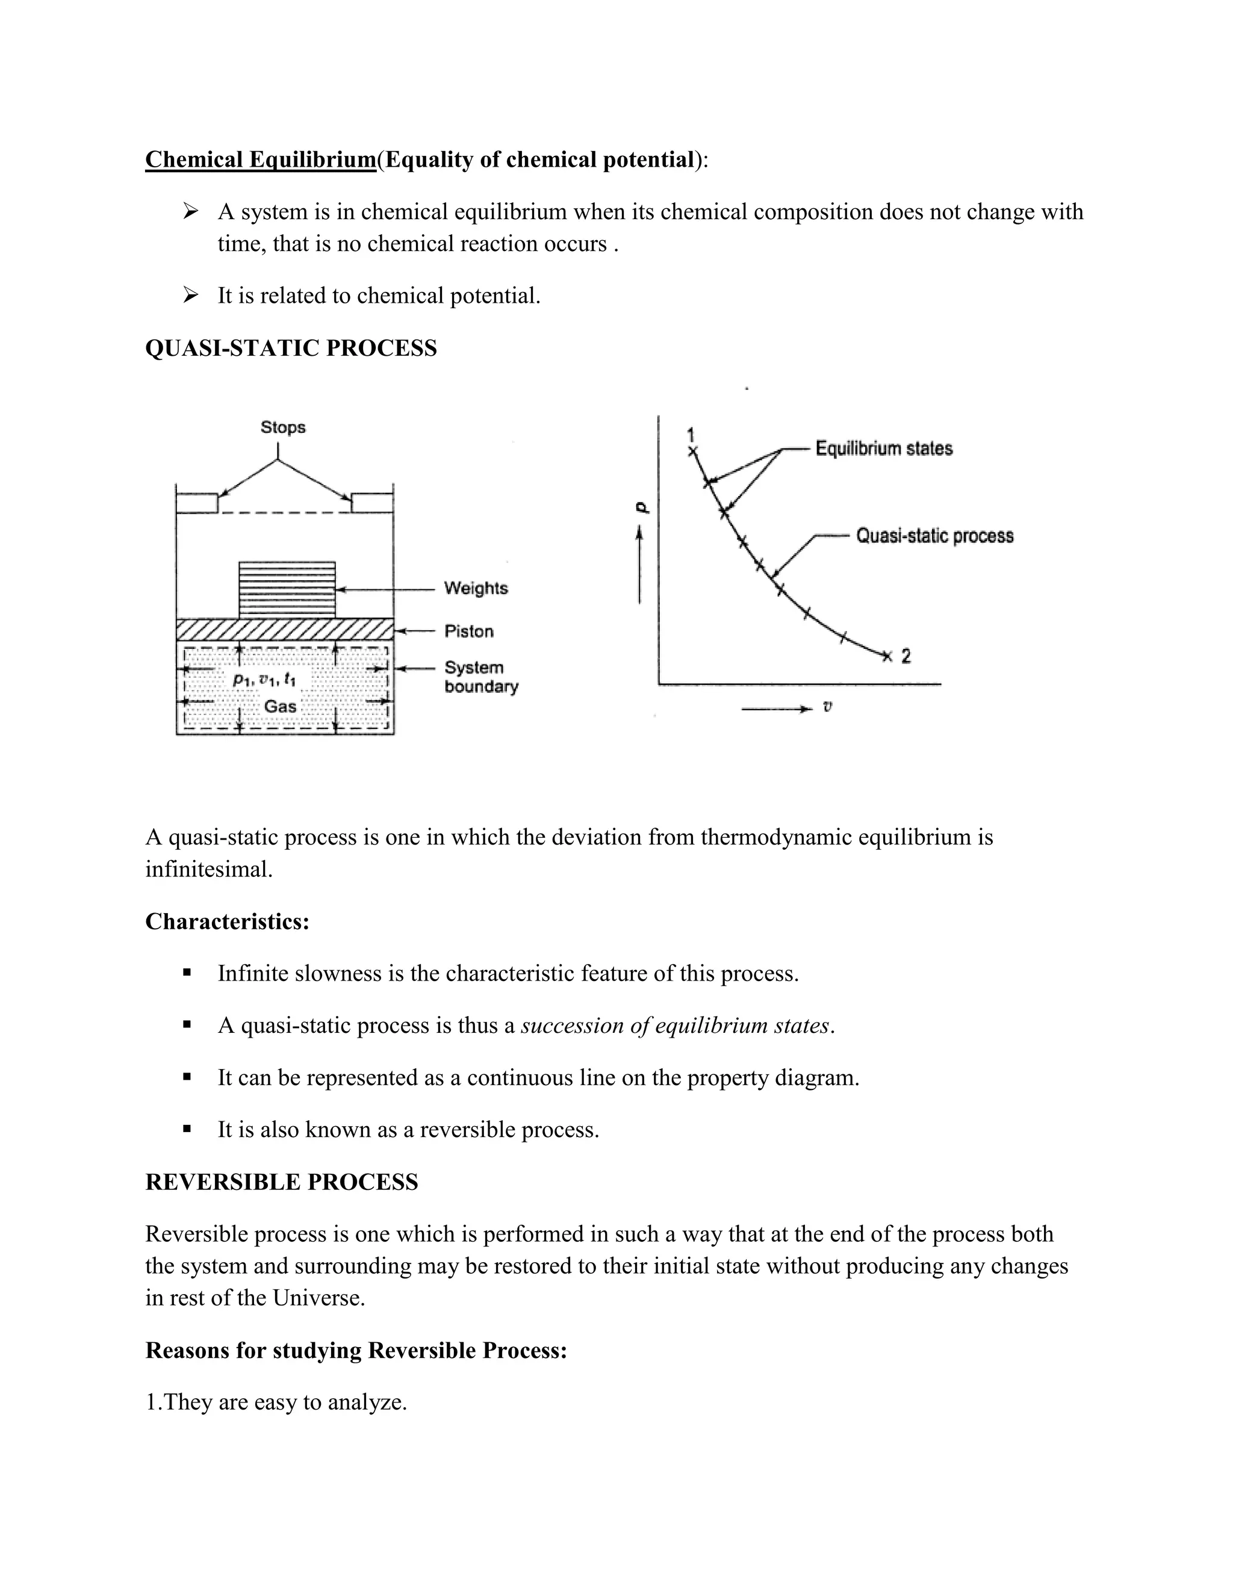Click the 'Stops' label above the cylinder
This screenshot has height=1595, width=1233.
click(283, 427)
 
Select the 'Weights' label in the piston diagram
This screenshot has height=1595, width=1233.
click(476, 588)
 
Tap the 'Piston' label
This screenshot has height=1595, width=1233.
click(469, 631)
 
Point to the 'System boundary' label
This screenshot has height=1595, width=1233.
click(480, 677)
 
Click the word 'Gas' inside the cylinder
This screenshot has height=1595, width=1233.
click(281, 706)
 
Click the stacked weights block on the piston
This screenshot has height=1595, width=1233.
click(287, 589)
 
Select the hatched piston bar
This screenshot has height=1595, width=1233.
click(285, 630)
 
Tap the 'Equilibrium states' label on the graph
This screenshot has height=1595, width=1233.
click(884, 448)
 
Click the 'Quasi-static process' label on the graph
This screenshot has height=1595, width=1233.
click(934, 536)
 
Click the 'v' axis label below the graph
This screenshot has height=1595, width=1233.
click(827, 707)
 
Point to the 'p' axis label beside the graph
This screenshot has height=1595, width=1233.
click(641, 507)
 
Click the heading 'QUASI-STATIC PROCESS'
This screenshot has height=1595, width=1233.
click(291, 348)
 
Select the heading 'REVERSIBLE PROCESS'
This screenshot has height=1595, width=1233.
click(281, 1182)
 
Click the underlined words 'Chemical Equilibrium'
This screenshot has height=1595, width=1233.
click(260, 159)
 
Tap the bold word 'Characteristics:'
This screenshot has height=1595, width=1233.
click(227, 921)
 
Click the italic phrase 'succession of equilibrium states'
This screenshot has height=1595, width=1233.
click(676, 1026)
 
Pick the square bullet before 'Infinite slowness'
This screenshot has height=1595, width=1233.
click(187, 973)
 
